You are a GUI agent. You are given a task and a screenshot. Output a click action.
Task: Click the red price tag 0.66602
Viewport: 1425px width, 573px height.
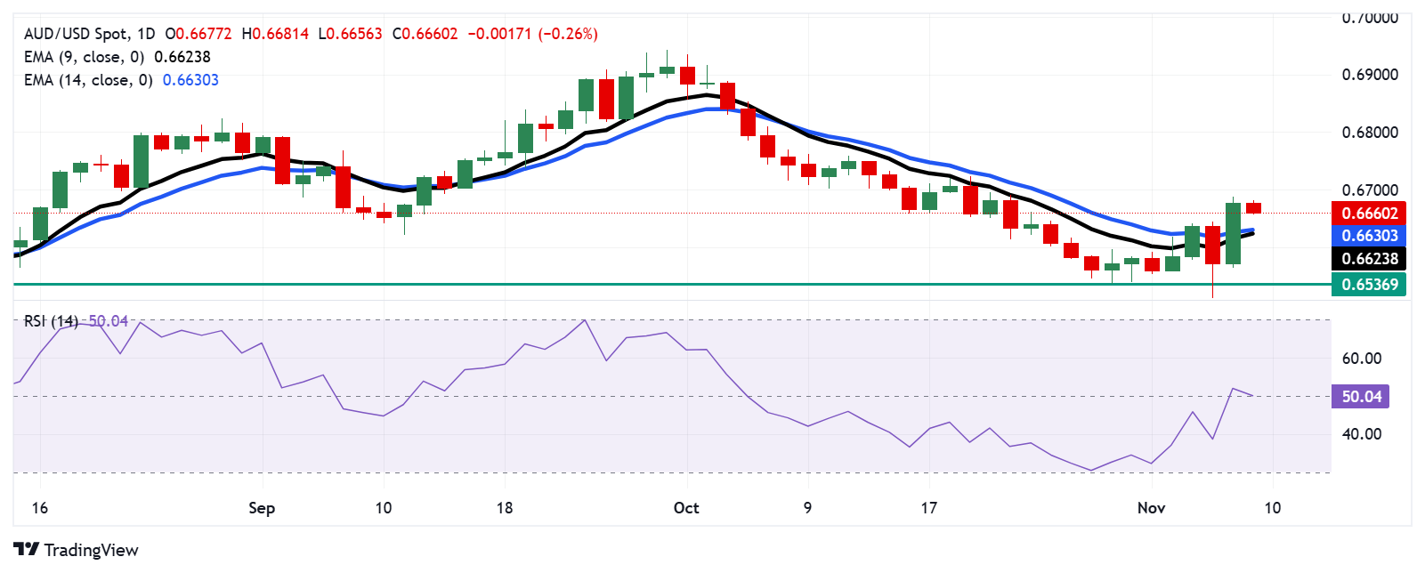pos(1369,213)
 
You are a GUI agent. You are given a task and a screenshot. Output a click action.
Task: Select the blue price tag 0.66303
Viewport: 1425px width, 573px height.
pos(1369,236)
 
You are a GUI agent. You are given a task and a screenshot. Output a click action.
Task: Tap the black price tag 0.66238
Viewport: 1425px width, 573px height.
pos(1369,259)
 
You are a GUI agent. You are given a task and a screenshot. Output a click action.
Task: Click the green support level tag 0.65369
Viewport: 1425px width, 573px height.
pos(1369,285)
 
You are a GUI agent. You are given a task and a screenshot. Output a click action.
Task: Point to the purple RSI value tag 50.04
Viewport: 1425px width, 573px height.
pos(1361,397)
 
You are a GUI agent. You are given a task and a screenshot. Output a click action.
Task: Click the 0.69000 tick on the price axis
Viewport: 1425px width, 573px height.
pos(1370,75)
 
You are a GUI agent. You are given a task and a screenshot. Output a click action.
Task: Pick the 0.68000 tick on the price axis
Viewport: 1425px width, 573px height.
pos(1370,133)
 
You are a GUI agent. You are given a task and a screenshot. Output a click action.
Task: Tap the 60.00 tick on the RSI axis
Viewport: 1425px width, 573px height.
pos(1362,359)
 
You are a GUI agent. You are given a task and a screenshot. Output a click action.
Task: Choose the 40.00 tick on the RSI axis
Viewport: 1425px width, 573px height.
pos(1362,434)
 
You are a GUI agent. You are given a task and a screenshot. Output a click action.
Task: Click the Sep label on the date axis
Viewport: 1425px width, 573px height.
pos(262,508)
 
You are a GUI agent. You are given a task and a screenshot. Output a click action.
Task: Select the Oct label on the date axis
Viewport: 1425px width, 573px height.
pos(686,508)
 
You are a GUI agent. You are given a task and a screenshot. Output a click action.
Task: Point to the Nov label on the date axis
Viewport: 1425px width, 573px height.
pos(1151,508)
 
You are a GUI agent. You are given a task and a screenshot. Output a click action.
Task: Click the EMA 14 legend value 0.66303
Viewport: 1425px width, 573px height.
pos(190,80)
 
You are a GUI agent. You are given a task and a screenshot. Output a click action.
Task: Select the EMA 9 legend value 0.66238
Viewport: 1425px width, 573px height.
pos(182,57)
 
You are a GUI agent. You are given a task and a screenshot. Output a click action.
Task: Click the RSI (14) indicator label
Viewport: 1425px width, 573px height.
pos(51,321)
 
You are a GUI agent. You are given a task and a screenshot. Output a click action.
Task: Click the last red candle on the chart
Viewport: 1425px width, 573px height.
pos(1253,208)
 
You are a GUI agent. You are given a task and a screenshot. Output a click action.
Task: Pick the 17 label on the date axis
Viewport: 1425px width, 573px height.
pos(929,508)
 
